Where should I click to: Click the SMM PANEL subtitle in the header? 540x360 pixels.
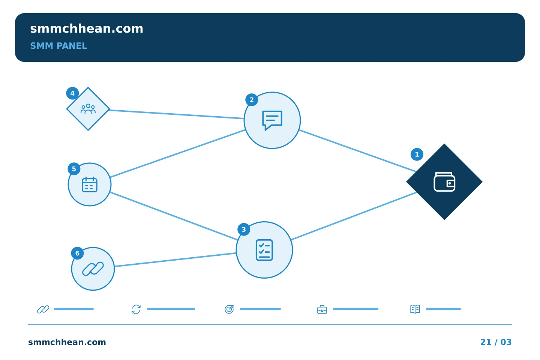pyautogui.click(x=58, y=46)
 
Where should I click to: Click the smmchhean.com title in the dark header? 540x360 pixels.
pyautogui.click(x=87, y=29)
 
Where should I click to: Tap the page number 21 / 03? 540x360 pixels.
pyautogui.click(x=496, y=342)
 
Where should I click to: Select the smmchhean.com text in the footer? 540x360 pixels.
pyautogui.click(x=67, y=342)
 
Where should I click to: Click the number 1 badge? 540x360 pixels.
pyautogui.click(x=417, y=154)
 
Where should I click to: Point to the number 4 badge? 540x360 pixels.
pyautogui.click(x=72, y=93)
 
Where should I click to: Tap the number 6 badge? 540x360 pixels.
pyautogui.click(x=77, y=253)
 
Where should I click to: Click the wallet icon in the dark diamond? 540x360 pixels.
pyautogui.click(x=444, y=182)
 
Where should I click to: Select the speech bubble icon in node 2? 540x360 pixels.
pyautogui.click(x=272, y=120)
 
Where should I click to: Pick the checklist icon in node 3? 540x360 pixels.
pyautogui.click(x=264, y=250)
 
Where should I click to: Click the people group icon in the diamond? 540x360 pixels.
pyautogui.click(x=88, y=109)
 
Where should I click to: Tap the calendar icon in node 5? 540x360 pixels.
pyautogui.click(x=89, y=184)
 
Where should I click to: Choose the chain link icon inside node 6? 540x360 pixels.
pyautogui.click(x=93, y=269)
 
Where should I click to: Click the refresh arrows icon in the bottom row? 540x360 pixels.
pyautogui.click(x=136, y=309)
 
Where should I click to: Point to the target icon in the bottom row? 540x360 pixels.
pyautogui.click(x=229, y=309)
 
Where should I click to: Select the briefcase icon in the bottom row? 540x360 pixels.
pyautogui.click(x=322, y=309)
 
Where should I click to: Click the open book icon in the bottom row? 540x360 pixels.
pyautogui.click(x=415, y=309)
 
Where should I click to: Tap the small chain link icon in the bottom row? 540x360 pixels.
pyautogui.click(x=43, y=309)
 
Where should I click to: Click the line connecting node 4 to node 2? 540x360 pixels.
pyautogui.click(x=177, y=114)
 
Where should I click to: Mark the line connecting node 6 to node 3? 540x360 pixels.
pyautogui.click(x=175, y=260)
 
